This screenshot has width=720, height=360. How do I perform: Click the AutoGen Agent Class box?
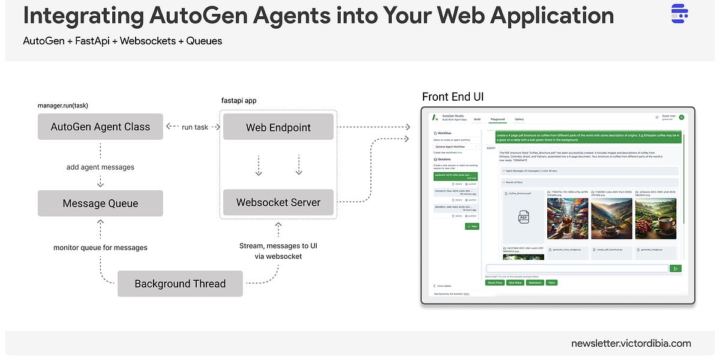pyautogui.click(x=100, y=127)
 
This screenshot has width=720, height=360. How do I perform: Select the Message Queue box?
pyautogui.click(x=100, y=203)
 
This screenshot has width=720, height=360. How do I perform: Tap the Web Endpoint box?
pyautogui.click(x=278, y=127)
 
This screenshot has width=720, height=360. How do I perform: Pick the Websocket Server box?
pyautogui.click(x=278, y=202)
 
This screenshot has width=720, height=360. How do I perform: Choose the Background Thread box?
pyautogui.click(x=180, y=284)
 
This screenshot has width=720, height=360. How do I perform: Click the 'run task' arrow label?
pyautogui.click(x=195, y=127)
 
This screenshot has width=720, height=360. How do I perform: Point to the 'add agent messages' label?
pyautogui.click(x=100, y=167)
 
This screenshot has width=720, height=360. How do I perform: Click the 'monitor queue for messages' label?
pyautogui.click(x=100, y=247)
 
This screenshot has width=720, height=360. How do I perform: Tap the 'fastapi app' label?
pyautogui.click(x=239, y=100)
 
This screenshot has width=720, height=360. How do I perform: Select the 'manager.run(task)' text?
pyautogui.click(x=62, y=105)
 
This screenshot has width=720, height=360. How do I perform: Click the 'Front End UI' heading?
pyautogui.click(x=453, y=97)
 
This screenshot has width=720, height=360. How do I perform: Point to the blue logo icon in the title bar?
pyautogui.click(x=679, y=13)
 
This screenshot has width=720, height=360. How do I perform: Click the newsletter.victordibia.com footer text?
pyautogui.click(x=631, y=344)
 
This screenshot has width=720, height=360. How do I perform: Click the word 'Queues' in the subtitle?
pyautogui.click(x=204, y=41)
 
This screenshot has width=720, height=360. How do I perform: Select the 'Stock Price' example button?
pyautogui.click(x=494, y=282)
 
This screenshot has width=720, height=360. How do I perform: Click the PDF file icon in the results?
pyautogui.click(x=523, y=218)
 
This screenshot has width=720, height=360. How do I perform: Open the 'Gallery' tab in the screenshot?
pyautogui.click(x=519, y=119)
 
